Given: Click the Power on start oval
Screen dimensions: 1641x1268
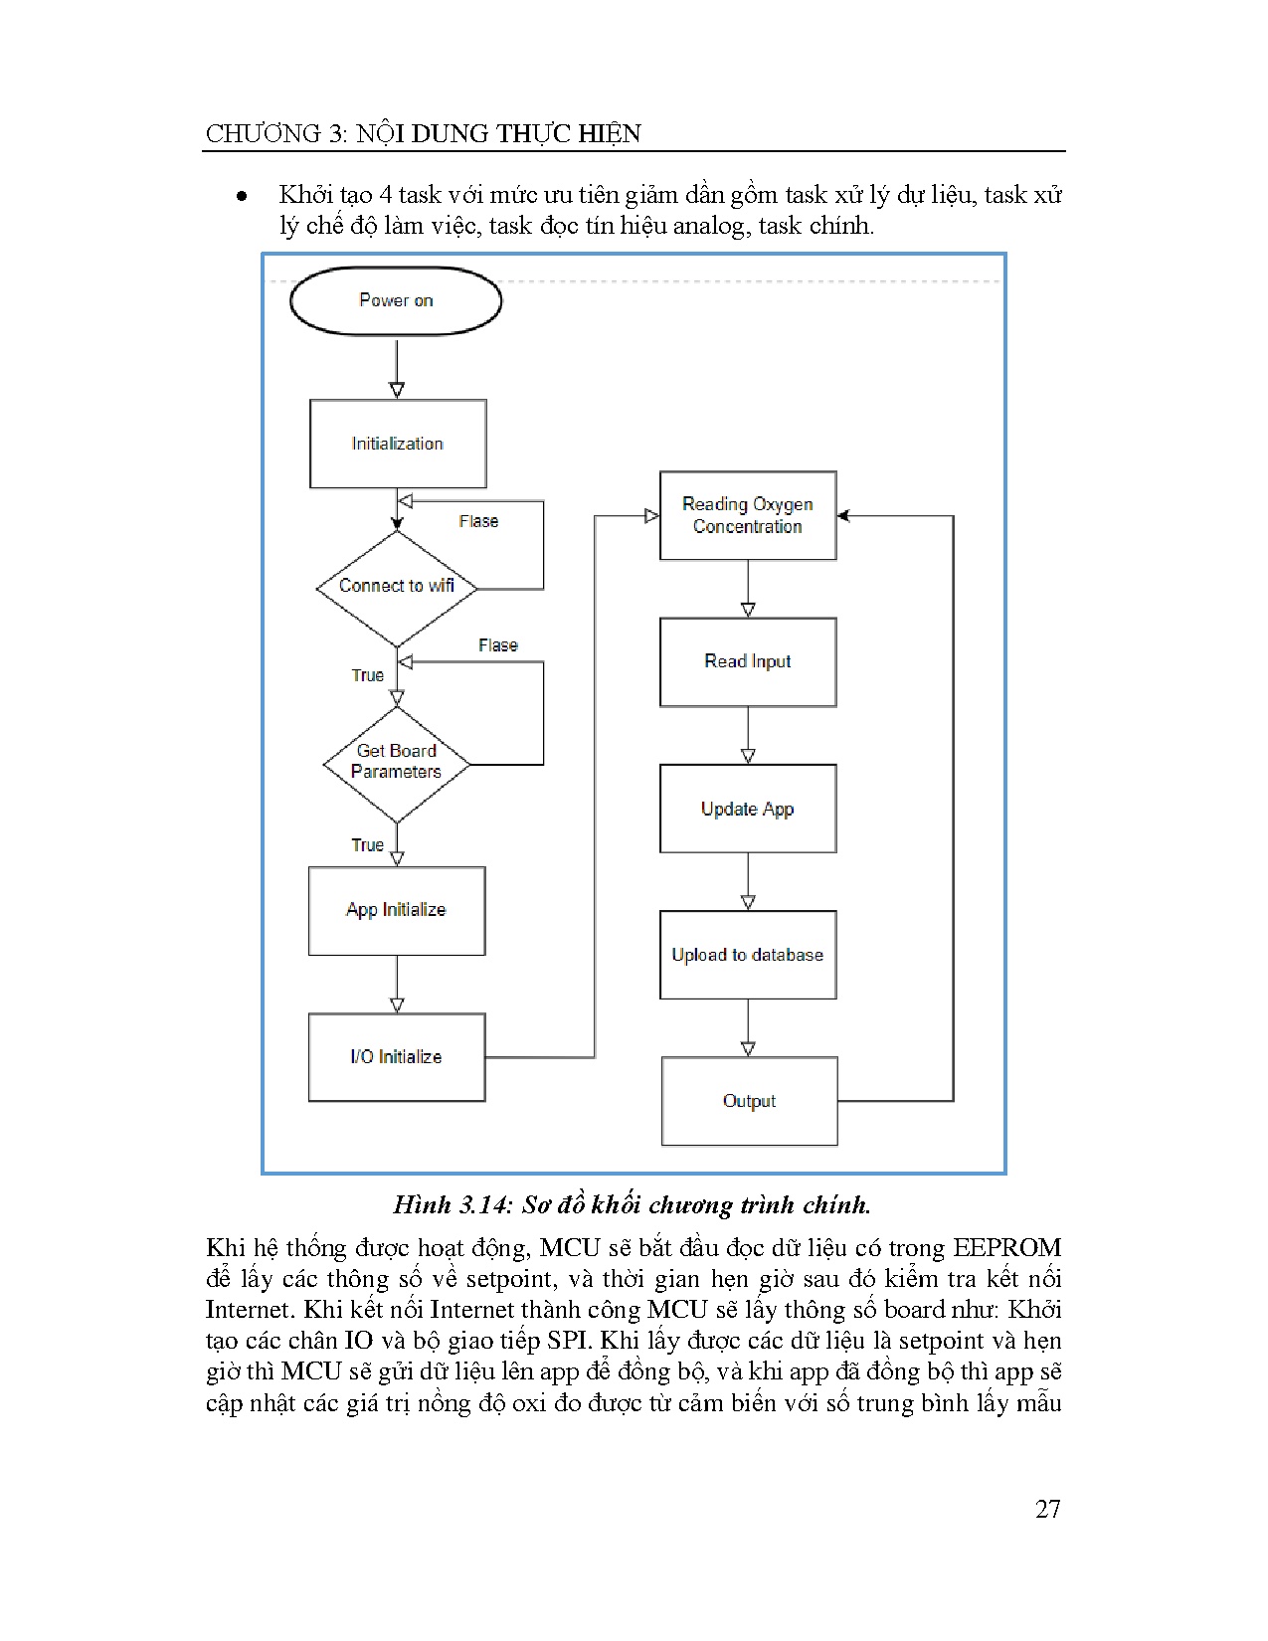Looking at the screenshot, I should pos(396,300).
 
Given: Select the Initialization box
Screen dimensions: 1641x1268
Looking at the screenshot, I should pos(398,444).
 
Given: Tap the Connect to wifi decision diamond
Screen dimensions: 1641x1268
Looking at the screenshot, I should pos(397,587).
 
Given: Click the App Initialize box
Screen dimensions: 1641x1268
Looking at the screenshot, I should pos(397,910).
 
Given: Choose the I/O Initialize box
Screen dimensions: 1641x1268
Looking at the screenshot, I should pos(397,1057).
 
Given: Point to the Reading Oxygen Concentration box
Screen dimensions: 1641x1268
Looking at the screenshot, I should pos(748,515).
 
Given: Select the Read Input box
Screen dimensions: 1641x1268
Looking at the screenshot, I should pos(748,662).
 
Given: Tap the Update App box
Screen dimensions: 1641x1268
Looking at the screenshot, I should pos(748,809).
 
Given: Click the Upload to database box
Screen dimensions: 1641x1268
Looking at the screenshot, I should pos(748,955).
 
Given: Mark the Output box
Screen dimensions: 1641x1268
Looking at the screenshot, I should pos(750,1101).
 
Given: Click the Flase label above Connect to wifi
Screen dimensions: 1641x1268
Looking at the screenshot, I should pos(478,521).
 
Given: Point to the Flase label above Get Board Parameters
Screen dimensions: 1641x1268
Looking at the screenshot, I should pos(497,645).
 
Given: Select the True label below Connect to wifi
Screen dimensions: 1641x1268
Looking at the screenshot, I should pos(367,675).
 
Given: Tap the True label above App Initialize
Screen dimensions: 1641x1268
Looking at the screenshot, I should pos(367,845).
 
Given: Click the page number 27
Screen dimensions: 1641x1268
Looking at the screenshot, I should pos(1047,1509).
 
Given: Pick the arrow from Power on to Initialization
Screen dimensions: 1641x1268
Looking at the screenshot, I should pos(397,368).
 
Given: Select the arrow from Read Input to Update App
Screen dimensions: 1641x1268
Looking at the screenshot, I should pos(748,736).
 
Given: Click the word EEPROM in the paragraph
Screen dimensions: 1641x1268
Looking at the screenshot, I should pos(1006,1248).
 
